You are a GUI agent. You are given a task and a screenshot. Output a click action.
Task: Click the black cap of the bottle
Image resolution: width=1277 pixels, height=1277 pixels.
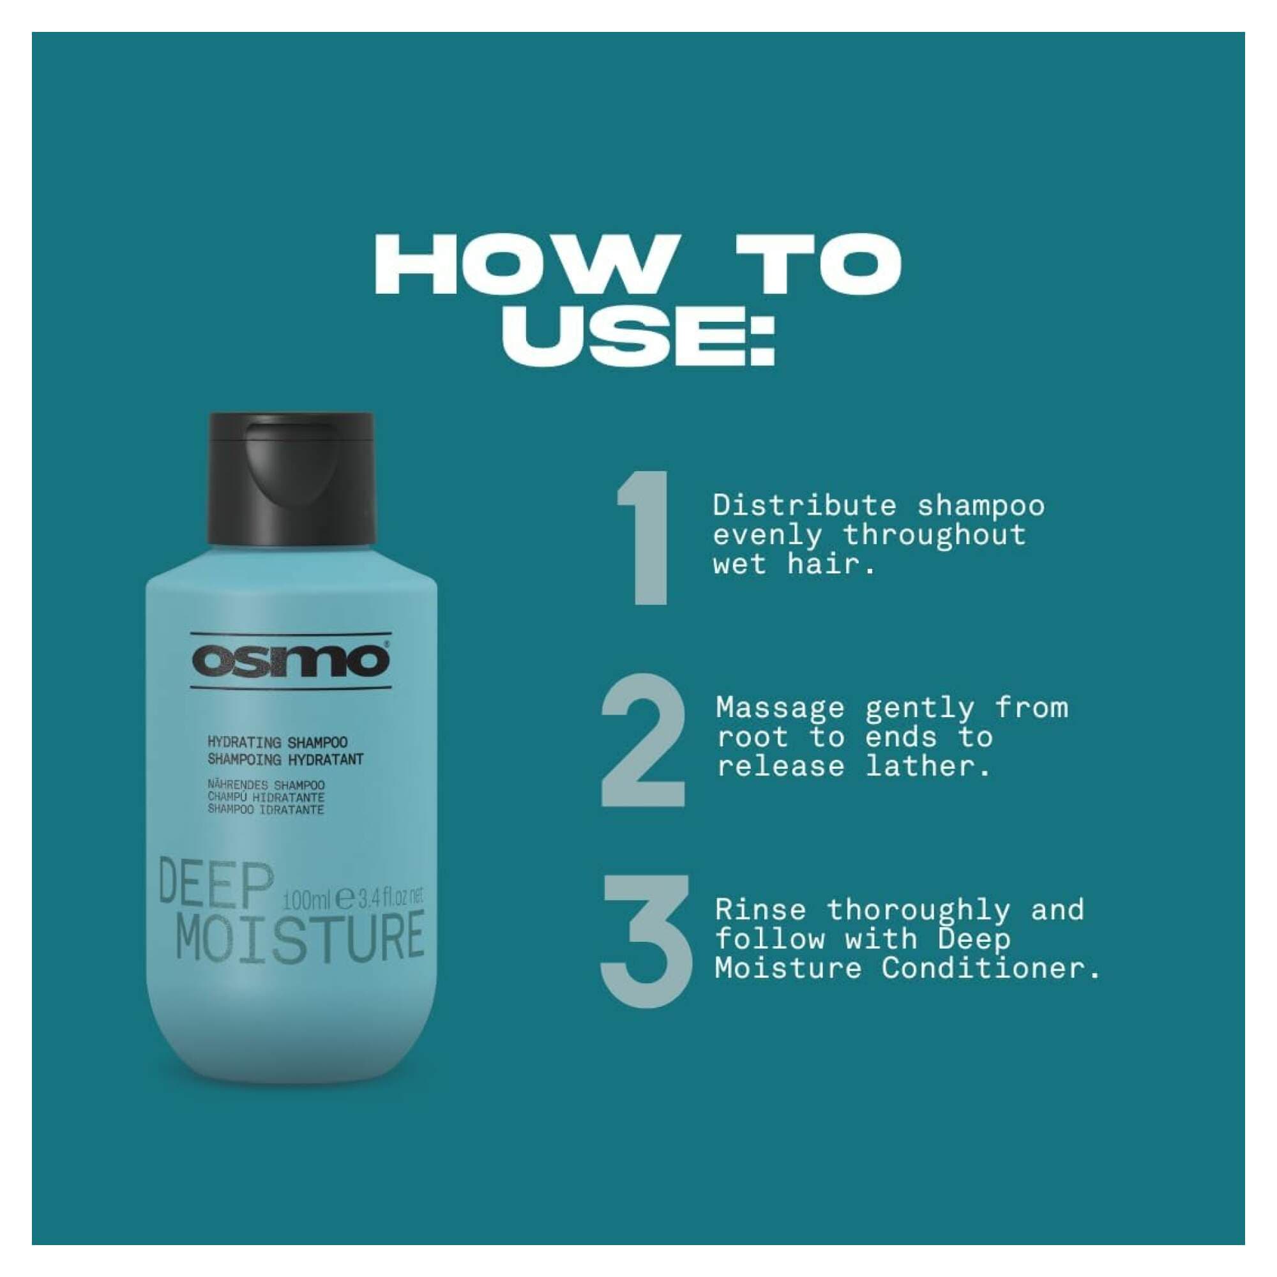click(x=292, y=477)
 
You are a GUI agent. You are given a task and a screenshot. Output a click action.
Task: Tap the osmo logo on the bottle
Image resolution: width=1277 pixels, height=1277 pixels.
click(x=292, y=661)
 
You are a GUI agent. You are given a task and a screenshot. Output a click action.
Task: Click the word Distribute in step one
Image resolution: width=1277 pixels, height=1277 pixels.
click(x=805, y=506)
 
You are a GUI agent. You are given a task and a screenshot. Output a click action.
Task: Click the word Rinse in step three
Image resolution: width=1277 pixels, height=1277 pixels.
click(x=760, y=910)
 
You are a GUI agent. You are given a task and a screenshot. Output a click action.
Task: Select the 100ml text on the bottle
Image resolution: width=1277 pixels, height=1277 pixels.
click(x=305, y=900)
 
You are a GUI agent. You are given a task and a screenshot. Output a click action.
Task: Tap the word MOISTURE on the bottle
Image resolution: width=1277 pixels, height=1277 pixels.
click(x=301, y=938)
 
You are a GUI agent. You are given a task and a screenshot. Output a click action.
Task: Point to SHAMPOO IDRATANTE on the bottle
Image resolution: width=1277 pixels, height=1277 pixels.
click(x=266, y=810)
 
